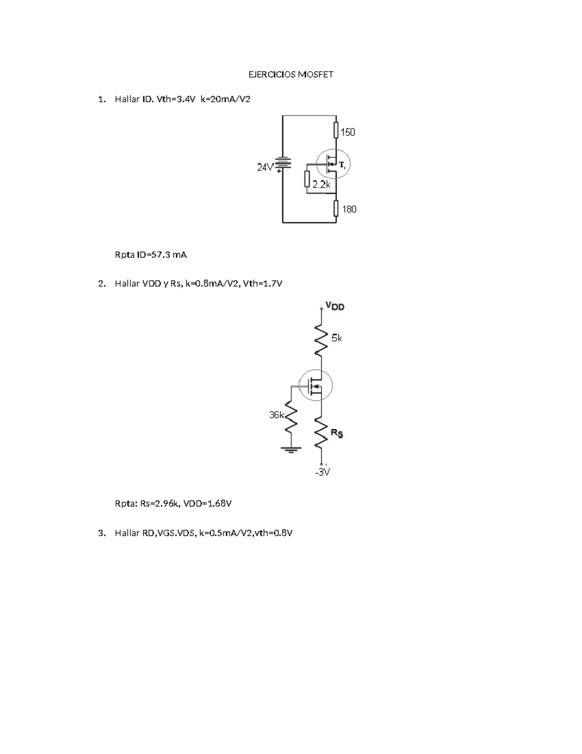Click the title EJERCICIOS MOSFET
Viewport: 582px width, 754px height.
(x=291, y=74)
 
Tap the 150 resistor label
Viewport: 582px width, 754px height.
(x=347, y=132)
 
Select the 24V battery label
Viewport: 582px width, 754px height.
(x=265, y=168)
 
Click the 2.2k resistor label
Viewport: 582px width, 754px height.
(x=321, y=185)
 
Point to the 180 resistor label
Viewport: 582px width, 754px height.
(x=349, y=209)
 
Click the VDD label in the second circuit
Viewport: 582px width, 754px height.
(x=335, y=306)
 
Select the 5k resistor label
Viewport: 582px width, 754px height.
(x=337, y=338)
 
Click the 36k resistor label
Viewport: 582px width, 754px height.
(x=276, y=415)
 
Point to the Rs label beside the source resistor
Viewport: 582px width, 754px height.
(x=337, y=433)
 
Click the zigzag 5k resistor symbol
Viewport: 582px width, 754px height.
(x=320, y=338)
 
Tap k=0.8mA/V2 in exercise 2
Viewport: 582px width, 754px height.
(x=212, y=284)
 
